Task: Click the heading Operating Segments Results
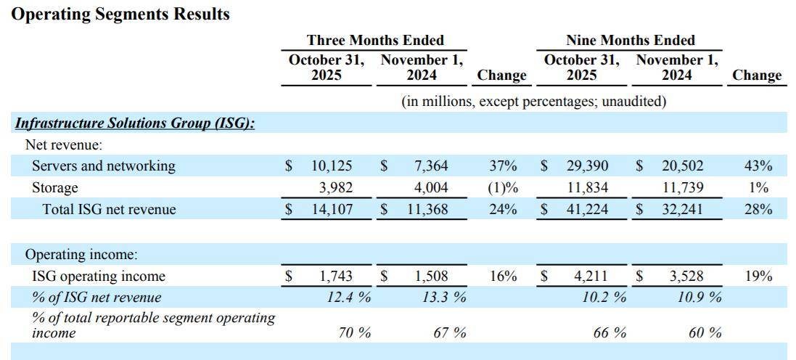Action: [120, 14]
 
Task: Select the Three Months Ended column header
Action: [375, 41]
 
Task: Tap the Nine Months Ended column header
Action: [630, 41]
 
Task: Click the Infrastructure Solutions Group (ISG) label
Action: [135, 123]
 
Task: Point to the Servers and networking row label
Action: [103, 165]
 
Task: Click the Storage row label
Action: [55, 187]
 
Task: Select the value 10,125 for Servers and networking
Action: [332, 165]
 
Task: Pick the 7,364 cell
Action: [431, 165]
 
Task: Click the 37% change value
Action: [503, 165]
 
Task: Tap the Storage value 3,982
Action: [336, 187]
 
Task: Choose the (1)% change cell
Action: [503, 187]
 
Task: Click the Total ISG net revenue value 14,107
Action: [332, 210]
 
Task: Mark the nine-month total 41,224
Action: [587, 210]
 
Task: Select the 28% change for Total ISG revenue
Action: [758, 210]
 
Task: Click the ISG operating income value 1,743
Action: [336, 276]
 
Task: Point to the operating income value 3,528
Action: [686, 276]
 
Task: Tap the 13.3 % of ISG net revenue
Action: [444, 298]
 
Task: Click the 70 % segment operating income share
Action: [355, 332]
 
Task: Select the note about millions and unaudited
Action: [533, 102]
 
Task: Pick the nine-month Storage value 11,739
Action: [682, 187]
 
